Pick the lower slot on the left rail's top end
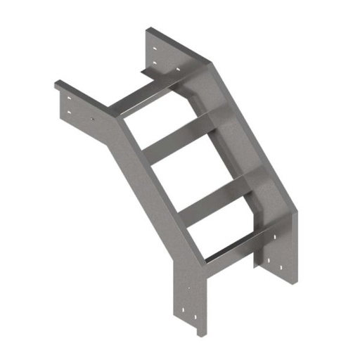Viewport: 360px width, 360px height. pos(69,111)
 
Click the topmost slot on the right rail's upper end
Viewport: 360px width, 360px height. pos(155,49)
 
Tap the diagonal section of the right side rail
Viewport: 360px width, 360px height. pos(253,141)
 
